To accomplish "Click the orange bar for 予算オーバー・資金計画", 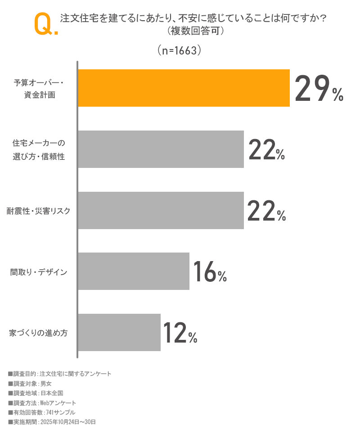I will tap(184, 88).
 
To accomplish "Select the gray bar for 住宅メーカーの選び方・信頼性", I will tap(161, 149).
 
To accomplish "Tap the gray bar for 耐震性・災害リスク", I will tap(161, 210).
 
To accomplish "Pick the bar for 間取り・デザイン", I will tap(134, 271).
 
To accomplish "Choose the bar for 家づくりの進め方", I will tap(119, 332).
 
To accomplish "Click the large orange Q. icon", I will tap(45, 24).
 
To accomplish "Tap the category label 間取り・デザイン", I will tap(39, 272).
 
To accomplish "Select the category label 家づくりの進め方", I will tap(39, 333).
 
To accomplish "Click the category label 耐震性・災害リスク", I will tap(39, 211).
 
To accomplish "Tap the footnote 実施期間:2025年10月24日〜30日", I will tap(52, 422).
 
